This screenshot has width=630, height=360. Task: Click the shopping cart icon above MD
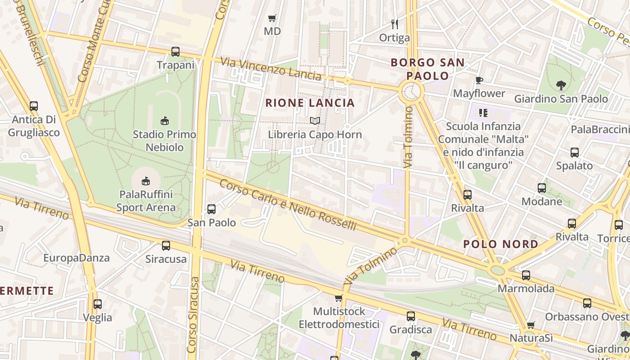coord(272,18)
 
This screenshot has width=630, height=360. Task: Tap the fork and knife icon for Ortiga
coord(395,24)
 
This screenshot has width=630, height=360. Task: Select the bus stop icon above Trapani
coord(175,52)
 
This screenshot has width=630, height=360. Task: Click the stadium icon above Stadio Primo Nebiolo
coord(165,121)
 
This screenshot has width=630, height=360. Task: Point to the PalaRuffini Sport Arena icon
coord(145,181)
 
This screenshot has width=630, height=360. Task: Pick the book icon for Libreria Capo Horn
coord(315,121)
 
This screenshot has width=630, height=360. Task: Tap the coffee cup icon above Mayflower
coord(479,80)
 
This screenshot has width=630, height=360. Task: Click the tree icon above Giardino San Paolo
coord(561,85)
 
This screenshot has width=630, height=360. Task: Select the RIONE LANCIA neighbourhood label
coord(310,103)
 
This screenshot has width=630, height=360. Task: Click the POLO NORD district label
coord(500,244)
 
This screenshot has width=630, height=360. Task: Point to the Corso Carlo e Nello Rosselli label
coord(288,205)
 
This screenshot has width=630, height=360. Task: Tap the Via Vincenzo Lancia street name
coord(270,67)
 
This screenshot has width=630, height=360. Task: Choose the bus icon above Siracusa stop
coord(166,245)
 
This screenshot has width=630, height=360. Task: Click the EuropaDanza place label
coord(76,258)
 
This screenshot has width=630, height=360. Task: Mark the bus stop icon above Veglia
coord(98,304)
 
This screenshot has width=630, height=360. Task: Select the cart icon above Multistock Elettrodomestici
coord(339,298)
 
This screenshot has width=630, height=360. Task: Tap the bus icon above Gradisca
coord(411,316)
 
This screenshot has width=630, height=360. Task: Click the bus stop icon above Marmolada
coord(526,275)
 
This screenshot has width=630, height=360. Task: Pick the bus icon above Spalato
coord(575,152)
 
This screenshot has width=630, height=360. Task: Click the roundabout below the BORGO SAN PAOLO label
coord(411,92)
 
